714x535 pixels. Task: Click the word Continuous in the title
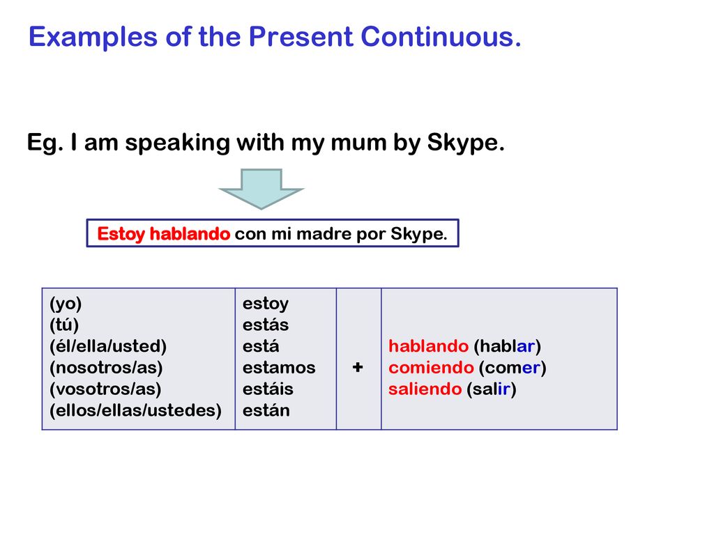tap(441, 36)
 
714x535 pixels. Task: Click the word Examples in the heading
tap(93, 38)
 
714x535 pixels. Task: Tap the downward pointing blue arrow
tap(261, 188)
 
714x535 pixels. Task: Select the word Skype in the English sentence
tap(466, 144)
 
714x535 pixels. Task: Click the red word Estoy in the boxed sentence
tap(121, 234)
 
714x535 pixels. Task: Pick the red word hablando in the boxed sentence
tap(190, 234)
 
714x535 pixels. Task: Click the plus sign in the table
tap(358, 367)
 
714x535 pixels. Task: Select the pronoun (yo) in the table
tap(66, 304)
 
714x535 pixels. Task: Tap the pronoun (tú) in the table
tap(64, 325)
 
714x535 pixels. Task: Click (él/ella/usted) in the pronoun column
tap(108, 346)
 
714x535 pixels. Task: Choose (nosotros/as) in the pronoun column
tap(106, 368)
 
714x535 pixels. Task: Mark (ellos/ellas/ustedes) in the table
tap(136, 410)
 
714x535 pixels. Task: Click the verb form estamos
tap(279, 368)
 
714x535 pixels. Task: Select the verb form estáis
tap(268, 389)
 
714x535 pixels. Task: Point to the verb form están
tap(266, 410)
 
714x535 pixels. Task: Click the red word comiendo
tap(431, 368)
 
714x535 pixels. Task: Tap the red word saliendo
tap(425, 389)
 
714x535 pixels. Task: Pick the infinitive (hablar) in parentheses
tap(508, 346)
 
